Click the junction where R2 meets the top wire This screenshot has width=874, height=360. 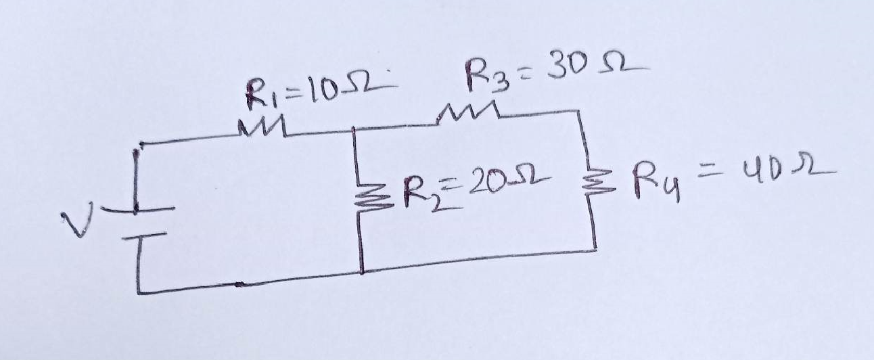click(355, 130)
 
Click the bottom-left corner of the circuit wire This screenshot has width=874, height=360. click(138, 292)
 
